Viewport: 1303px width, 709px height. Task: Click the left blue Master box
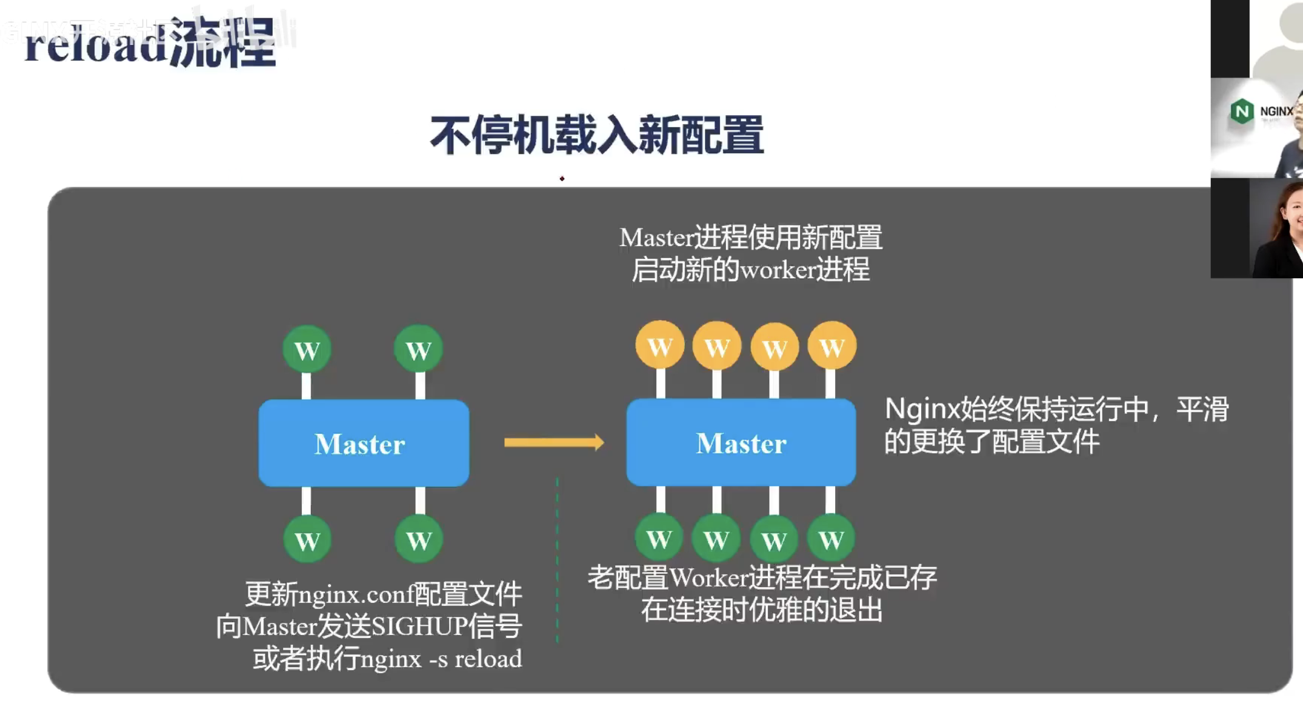(x=364, y=443)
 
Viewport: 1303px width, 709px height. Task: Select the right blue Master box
(x=741, y=442)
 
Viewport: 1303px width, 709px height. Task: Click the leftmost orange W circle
(x=660, y=346)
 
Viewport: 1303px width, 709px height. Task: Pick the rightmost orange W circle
(x=831, y=346)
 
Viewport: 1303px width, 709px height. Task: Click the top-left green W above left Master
(x=307, y=350)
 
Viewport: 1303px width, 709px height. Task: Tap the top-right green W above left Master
(x=418, y=350)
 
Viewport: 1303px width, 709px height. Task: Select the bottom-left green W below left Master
(x=307, y=539)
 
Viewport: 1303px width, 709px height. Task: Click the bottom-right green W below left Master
(x=418, y=539)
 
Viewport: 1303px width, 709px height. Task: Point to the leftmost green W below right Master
(x=659, y=538)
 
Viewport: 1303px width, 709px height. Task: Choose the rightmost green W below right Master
(x=831, y=538)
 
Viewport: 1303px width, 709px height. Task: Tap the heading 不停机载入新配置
(x=597, y=135)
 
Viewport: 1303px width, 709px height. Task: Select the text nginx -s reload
(x=441, y=659)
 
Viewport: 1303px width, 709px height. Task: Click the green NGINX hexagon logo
(x=1242, y=112)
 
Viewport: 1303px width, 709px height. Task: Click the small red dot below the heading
(x=562, y=179)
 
